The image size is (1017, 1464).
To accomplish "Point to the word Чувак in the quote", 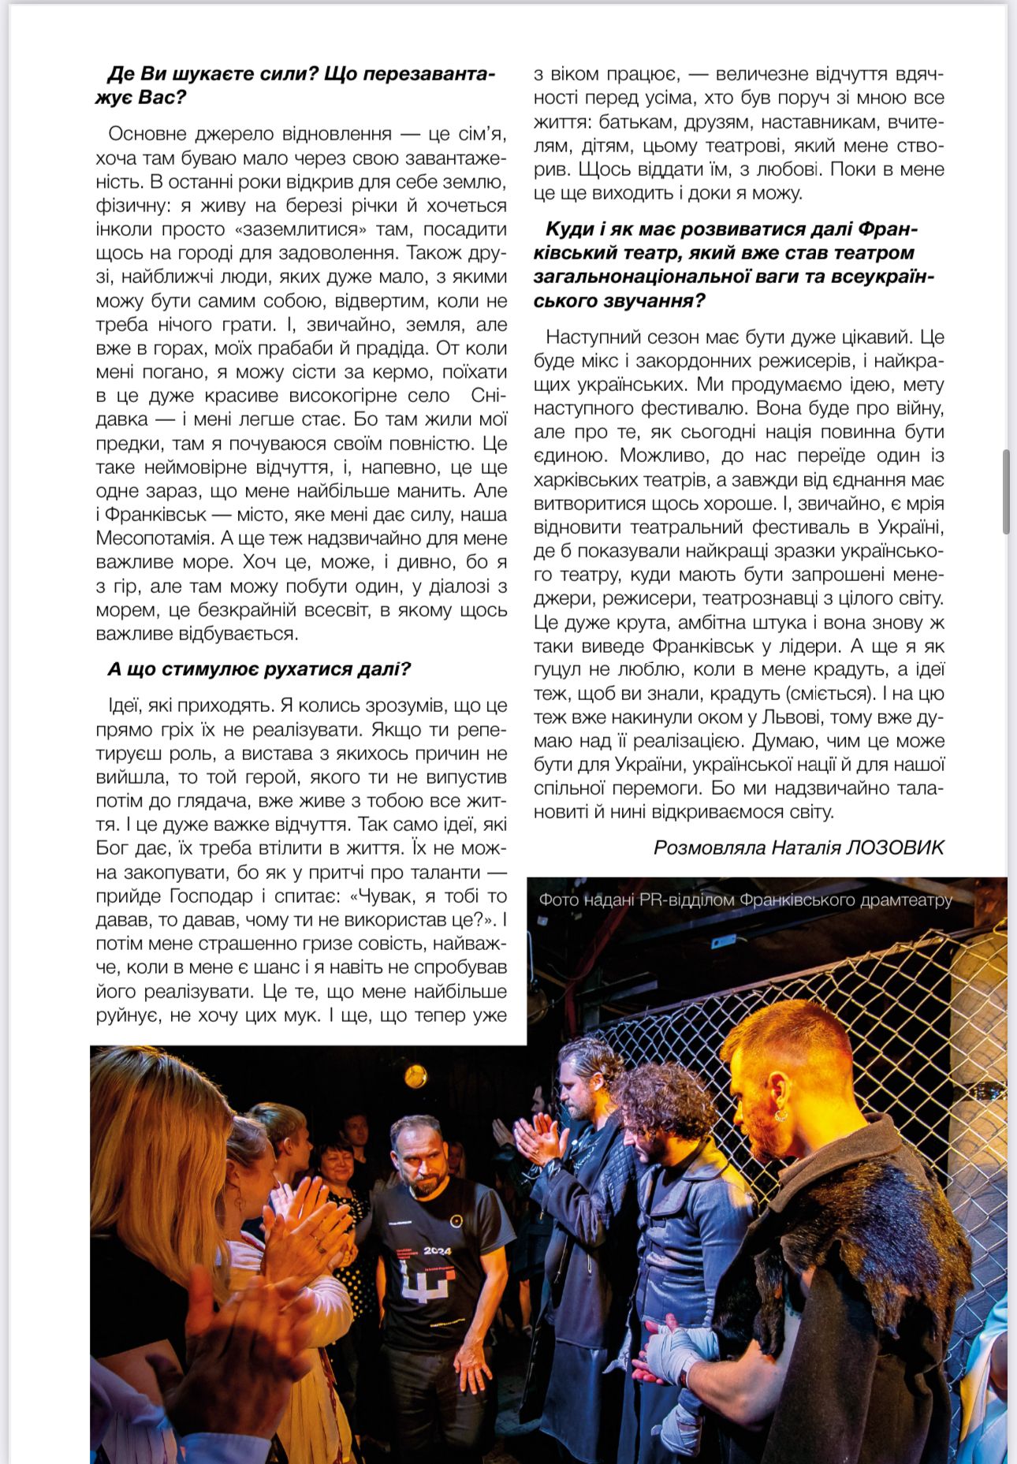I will pyautogui.click(x=388, y=896).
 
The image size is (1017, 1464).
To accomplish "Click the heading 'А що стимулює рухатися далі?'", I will pyautogui.click(x=259, y=669).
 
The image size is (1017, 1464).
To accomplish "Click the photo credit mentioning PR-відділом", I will pyautogui.click(x=745, y=900).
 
